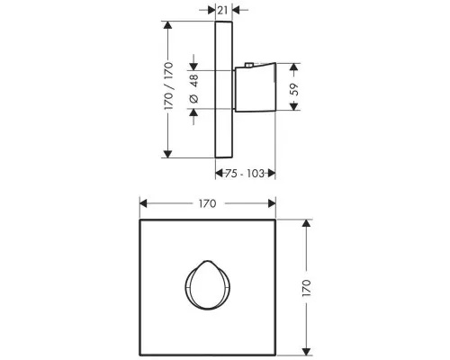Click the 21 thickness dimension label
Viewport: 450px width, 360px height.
pyautogui.click(x=222, y=10)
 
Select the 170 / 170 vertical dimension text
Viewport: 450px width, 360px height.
pyautogui.click(x=168, y=85)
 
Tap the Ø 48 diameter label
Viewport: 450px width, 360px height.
pyautogui.click(x=194, y=89)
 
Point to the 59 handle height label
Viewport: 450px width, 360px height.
pyautogui.click(x=295, y=89)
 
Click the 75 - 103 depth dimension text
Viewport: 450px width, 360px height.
pyautogui.click(x=245, y=174)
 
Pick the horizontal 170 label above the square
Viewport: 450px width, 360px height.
pyautogui.click(x=207, y=204)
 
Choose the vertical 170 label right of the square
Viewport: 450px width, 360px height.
pyautogui.click(x=306, y=288)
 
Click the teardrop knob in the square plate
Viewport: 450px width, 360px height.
pyautogui.click(x=207, y=285)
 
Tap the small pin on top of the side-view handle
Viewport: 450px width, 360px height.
pyautogui.click(x=249, y=65)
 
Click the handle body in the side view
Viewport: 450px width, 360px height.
pyautogui.click(x=255, y=87)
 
